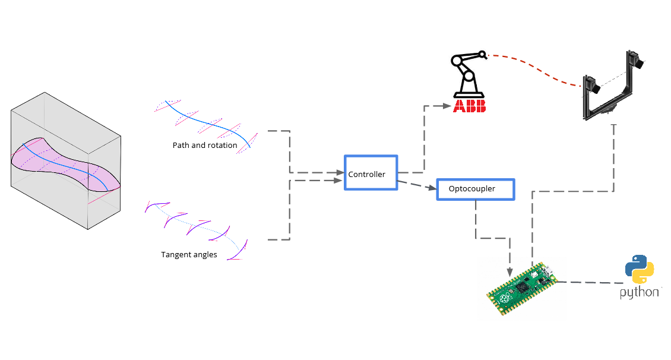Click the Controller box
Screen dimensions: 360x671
tap(371, 173)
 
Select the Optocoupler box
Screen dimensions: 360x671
tap(475, 189)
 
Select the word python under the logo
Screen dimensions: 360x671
tap(639, 293)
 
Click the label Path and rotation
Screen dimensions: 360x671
tap(205, 146)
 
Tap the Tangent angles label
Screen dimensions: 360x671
tap(189, 255)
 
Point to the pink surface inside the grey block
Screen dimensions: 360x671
tap(65, 163)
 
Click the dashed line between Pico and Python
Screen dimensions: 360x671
tap(588, 283)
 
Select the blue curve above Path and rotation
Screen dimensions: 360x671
tap(202, 119)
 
